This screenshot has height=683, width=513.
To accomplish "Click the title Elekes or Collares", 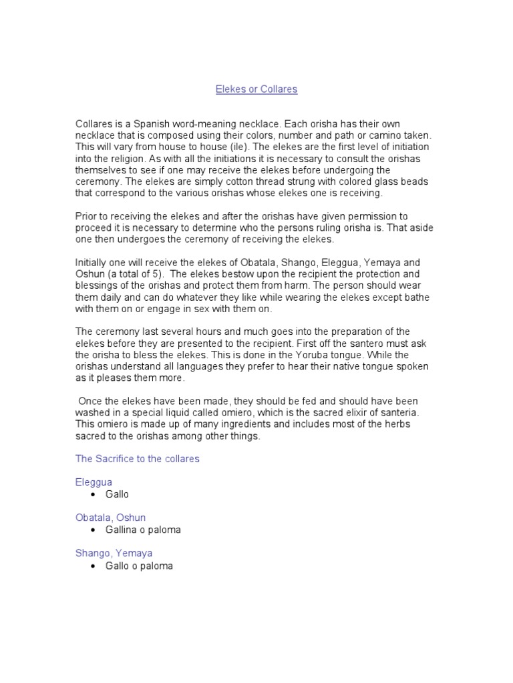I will click(256, 89).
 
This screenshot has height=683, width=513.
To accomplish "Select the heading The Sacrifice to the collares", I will click(138, 459).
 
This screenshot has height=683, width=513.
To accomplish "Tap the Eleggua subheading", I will click(94, 482).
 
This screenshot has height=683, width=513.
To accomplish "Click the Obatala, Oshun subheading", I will click(111, 518).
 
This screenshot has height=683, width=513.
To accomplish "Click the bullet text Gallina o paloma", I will click(143, 530).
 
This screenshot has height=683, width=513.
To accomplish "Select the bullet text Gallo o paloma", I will click(139, 566).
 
